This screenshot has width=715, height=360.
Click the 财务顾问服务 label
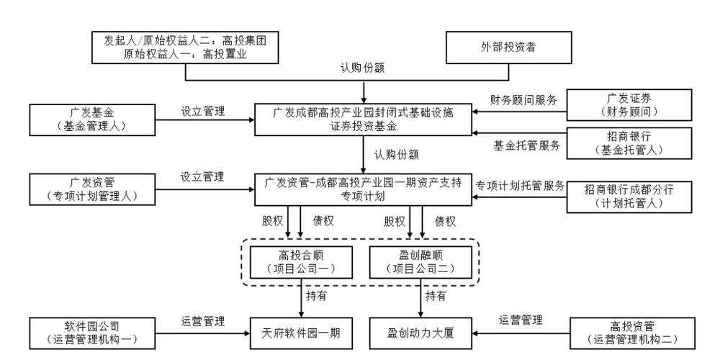click(x=524, y=100)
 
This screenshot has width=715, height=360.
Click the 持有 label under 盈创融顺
click(x=436, y=296)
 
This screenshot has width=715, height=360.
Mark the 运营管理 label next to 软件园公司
click(x=203, y=321)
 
